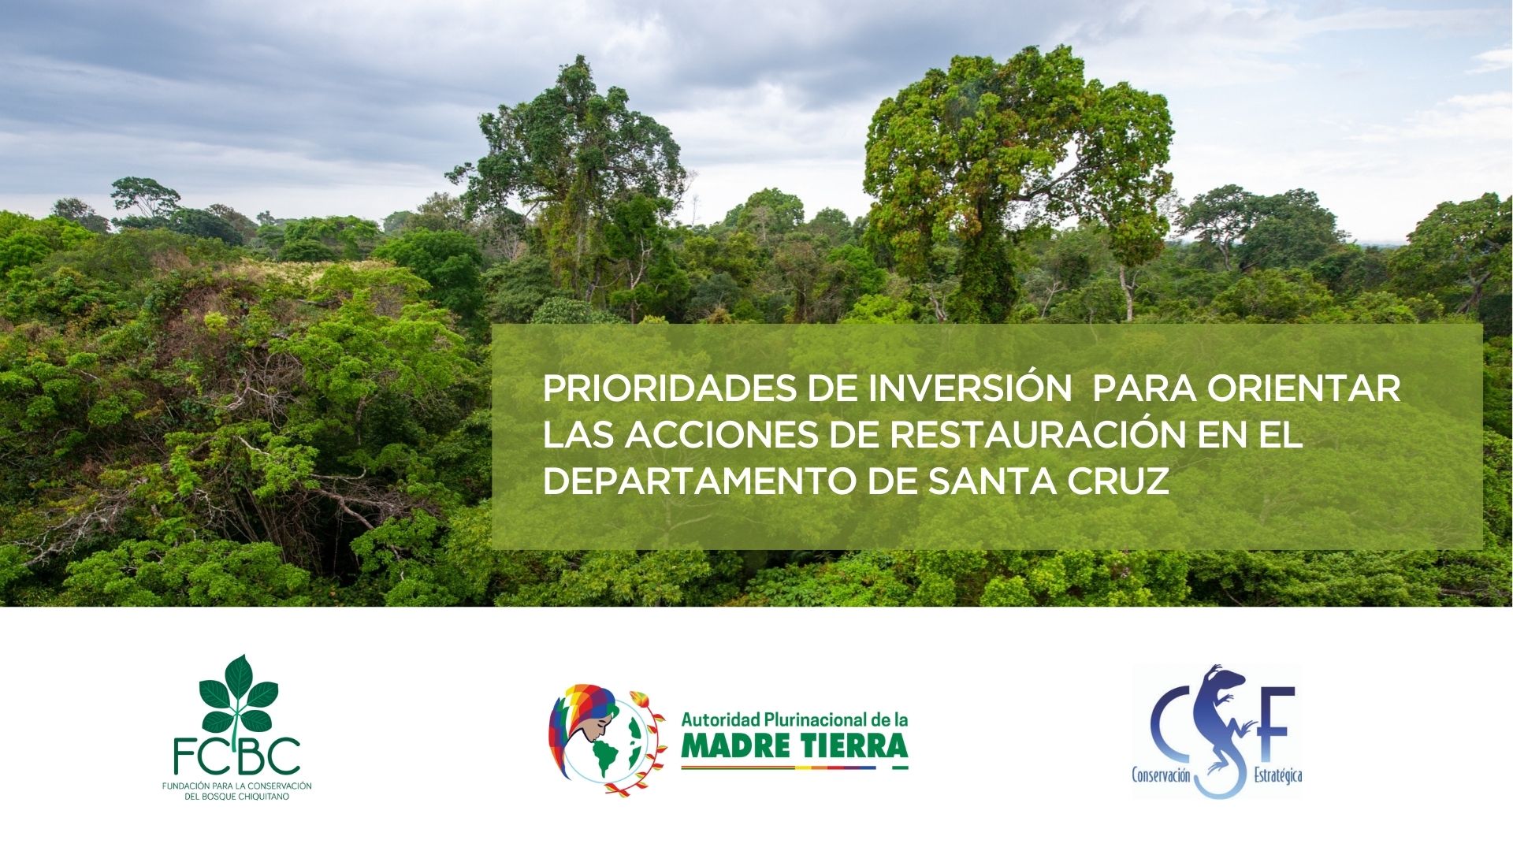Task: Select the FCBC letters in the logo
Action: pyautogui.click(x=237, y=755)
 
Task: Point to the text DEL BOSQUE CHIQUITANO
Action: pyautogui.click(x=237, y=797)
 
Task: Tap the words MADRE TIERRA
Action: pyautogui.click(x=794, y=745)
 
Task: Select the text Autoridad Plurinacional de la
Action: pyautogui.click(x=794, y=719)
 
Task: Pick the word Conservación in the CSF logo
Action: pyautogui.click(x=1161, y=776)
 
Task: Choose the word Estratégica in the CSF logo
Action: pyautogui.click(x=1277, y=776)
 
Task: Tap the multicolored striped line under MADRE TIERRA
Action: pyautogui.click(x=794, y=766)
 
